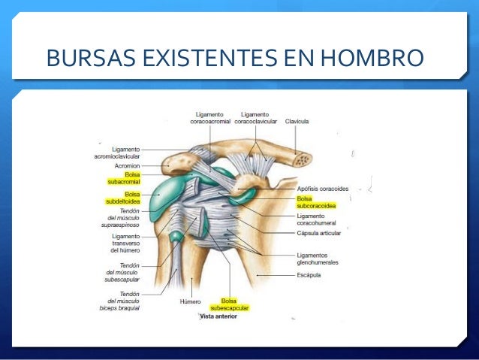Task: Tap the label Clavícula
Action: [297, 120]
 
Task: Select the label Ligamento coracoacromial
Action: [209, 117]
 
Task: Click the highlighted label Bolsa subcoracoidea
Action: [316, 201]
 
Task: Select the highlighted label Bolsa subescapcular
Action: [229, 304]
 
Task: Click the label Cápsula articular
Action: [318, 233]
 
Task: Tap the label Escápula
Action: [309, 275]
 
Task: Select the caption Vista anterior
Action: [218, 316]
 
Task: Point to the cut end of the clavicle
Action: [302, 159]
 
